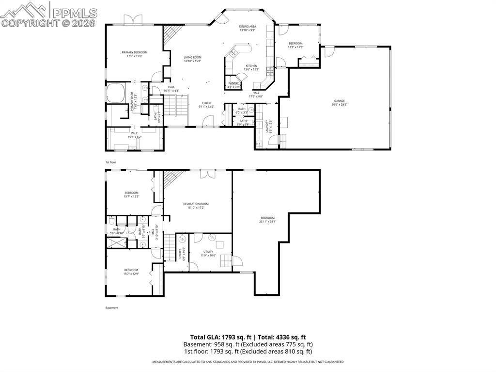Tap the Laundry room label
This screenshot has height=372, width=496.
(x=266, y=126)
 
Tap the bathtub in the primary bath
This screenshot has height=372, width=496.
(x=116, y=93)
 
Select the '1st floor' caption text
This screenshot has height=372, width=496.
(x=111, y=162)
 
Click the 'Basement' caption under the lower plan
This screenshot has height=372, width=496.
(x=112, y=307)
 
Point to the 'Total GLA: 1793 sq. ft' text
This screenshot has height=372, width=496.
(x=221, y=337)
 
